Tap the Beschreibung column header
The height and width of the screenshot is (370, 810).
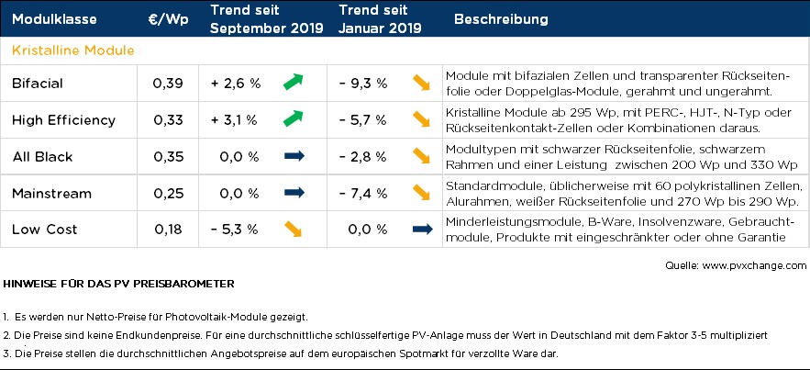pos(501,19)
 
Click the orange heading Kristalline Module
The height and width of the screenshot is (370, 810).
pos(73,50)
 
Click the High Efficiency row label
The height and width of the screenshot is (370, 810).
pos(63,119)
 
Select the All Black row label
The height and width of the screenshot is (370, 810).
pos(42,156)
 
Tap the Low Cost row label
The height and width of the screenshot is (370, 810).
pos(45,229)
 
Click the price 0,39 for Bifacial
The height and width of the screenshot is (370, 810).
pos(168,84)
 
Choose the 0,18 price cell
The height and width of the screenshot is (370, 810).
pos(168,229)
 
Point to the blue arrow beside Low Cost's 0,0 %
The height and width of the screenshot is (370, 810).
pos(422,229)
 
